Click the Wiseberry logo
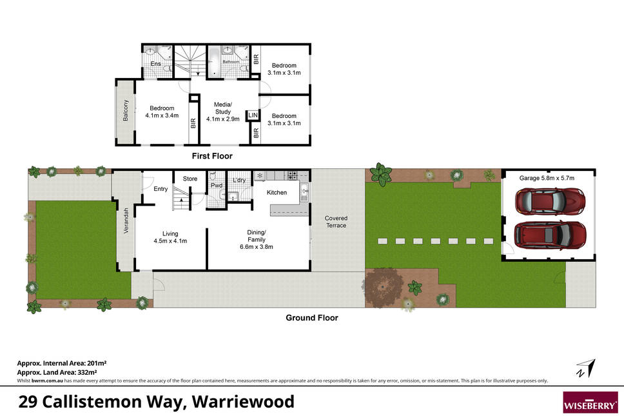click(x=590, y=402)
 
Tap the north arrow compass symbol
click(x=586, y=368)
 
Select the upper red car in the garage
click(x=550, y=201)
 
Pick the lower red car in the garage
click(x=550, y=235)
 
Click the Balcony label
click(x=126, y=111)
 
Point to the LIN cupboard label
click(x=253, y=115)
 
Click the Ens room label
click(x=155, y=64)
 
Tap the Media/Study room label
click(x=223, y=108)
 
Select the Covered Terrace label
click(x=336, y=222)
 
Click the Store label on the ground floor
click(x=190, y=179)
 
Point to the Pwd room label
click(x=217, y=186)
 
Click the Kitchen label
click(x=277, y=193)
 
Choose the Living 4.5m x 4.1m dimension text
click(x=170, y=241)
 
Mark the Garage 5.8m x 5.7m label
click(x=547, y=179)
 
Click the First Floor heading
click(x=212, y=156)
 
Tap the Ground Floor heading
click(x=312, y=318)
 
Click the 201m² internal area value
click(x=97, y=363)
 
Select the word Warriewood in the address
click(x=243, y=402)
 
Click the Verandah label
click(x=126, y=221)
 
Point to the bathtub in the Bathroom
click(x=214, y=61)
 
